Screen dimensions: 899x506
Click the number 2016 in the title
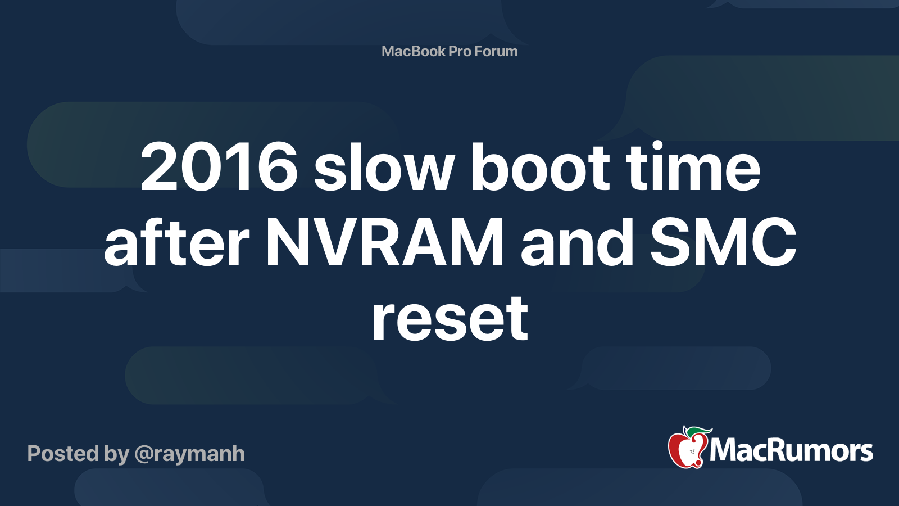pyautogui.click(x=219, y=167)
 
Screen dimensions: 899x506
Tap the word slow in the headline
pyautogui.click(x=384, y=166)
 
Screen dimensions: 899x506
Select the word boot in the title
pyautogui.click(x=541, y=166)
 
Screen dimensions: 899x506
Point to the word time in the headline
pyautogui.click(x=693, y=166)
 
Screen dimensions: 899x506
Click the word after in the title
pyautogui.click(x=176, y=242)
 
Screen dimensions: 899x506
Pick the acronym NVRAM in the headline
pyautogui.click(x=384, y=242)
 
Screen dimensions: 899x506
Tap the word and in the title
pyautogui.click(x=577, y=242)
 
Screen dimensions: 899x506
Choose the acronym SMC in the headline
pyautogui.click(x=723, y=242)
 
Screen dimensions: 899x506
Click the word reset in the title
pyautogui.click(x=450, y=318)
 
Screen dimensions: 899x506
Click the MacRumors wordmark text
pyautogui.click(x=791, y=450)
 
